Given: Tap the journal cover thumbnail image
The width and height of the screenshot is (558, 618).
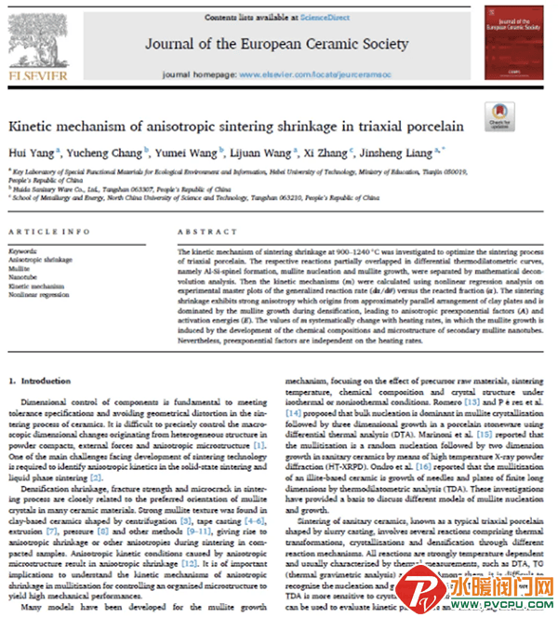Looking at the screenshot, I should tap(515, 42).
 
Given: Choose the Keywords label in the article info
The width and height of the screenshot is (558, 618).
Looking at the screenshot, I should tap(22, 250).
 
